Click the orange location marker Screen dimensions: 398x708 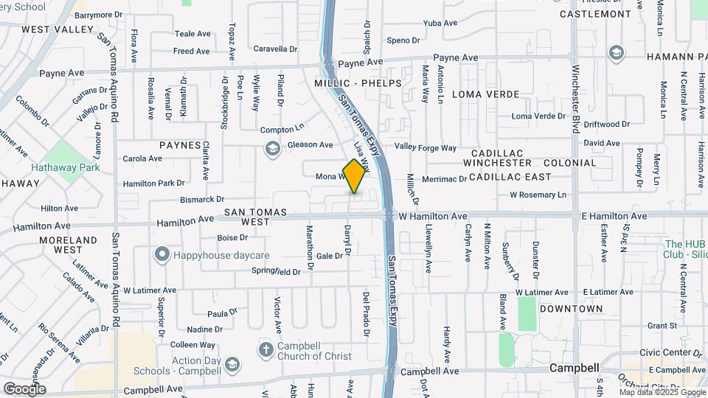point(355,176)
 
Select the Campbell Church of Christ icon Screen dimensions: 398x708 point(265,349)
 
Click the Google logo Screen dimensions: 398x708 point(24,388)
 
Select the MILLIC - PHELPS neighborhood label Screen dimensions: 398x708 point(358,83)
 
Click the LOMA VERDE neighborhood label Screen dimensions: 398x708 point(485,94)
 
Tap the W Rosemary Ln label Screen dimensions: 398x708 point(538,195)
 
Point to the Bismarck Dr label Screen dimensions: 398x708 point(201,199)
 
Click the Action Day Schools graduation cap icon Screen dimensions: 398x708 point(232,365)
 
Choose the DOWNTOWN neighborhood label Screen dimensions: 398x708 point(571,309)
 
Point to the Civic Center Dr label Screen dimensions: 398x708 point(671,353)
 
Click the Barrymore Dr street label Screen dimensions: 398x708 point(98,15)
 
